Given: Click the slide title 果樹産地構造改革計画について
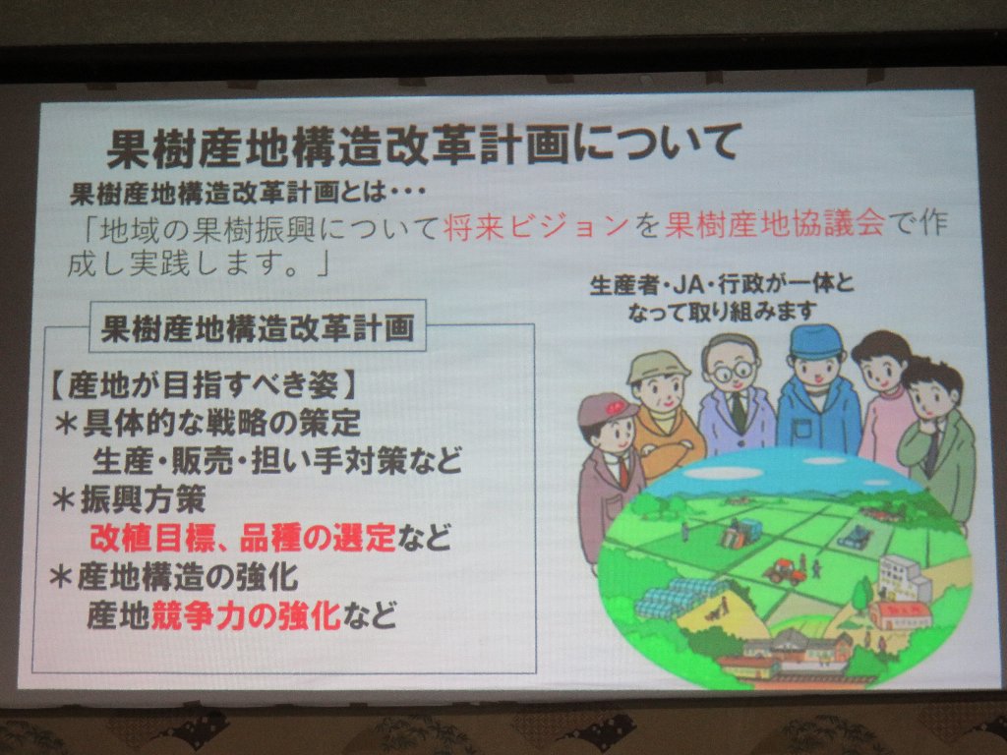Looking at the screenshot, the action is click(423, 147).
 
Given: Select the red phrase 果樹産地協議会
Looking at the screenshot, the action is click(774, 225).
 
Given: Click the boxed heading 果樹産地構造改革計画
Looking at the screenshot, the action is click(258, 328).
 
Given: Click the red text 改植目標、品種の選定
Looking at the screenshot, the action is click(243, 538).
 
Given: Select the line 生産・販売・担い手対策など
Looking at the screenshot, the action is click(276, 461).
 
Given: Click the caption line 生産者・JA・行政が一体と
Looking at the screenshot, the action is click(722, 284).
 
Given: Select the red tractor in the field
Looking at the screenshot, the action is click(784, 571).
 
